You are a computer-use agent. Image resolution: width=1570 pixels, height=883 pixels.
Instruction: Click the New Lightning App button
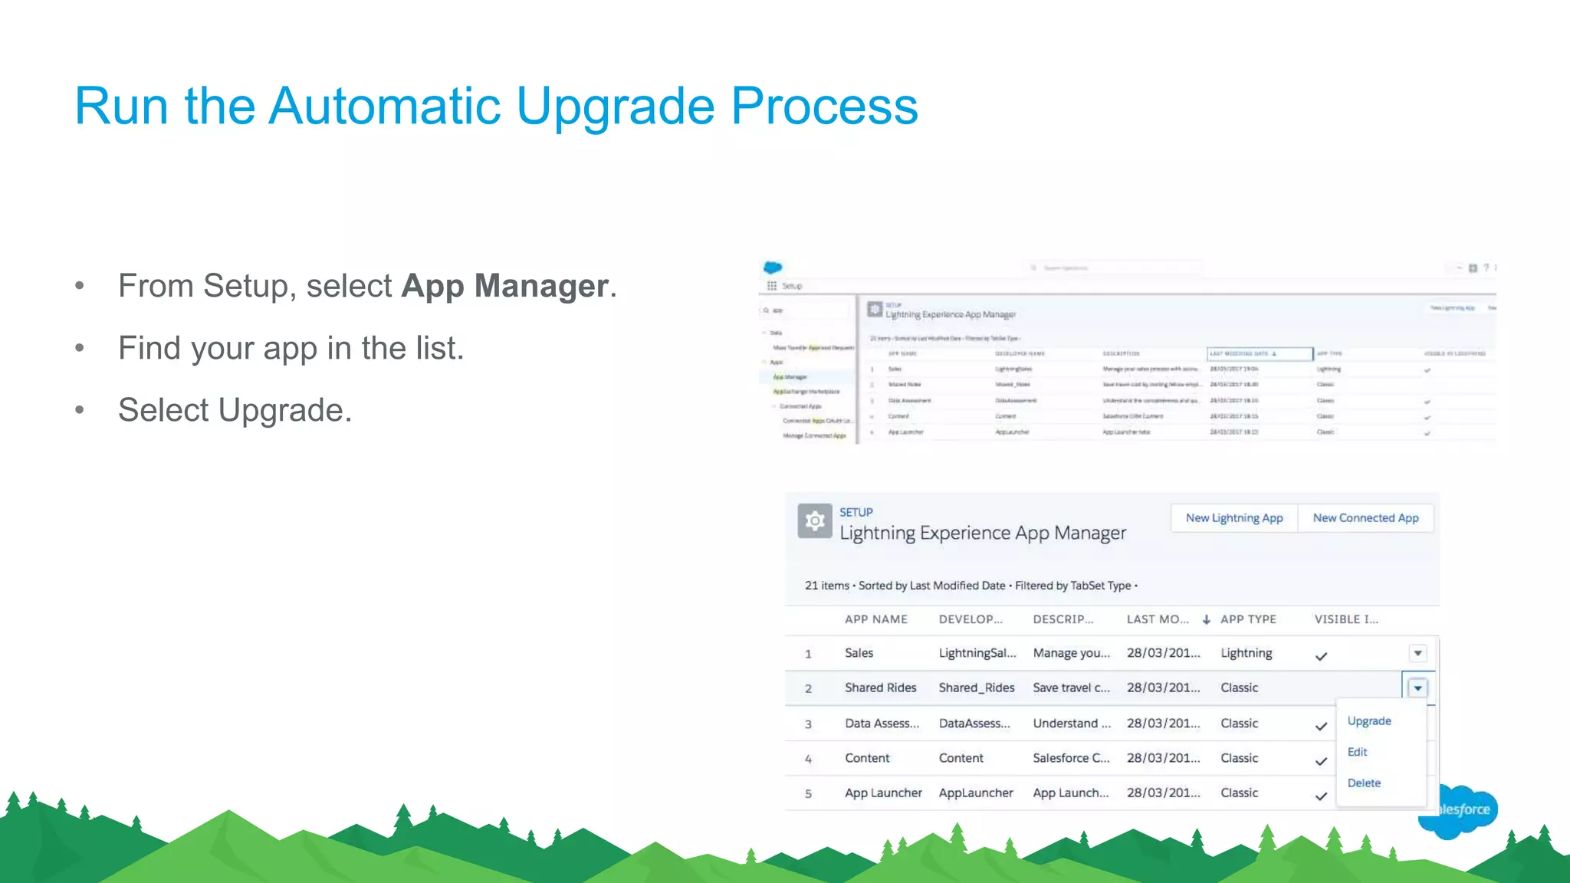click(x=1234, y=518)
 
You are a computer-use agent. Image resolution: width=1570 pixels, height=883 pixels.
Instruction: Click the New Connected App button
click(x=1365, y=518)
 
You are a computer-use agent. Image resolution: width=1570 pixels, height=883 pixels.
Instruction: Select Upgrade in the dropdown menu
click(x=1369, y=721)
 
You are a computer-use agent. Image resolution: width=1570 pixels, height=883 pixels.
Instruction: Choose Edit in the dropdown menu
click(x=1358, y=752)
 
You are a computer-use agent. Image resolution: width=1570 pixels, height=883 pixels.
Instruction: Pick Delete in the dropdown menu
click(x=1364, y=783)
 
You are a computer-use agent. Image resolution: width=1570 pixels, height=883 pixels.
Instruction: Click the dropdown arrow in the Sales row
click(x=1417, y=654)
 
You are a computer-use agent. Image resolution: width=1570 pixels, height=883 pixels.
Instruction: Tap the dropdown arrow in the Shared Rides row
click(x=1417, y=688)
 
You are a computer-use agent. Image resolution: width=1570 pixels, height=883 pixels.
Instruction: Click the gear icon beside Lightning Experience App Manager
click(x=815, y=521)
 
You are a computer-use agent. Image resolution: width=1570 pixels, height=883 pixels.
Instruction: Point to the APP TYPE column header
click(x=1248, y=619)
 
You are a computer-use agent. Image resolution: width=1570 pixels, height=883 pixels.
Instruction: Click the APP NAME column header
click(x=876, y=619)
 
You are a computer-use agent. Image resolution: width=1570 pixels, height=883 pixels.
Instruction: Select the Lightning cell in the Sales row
click(x=1246, y=653)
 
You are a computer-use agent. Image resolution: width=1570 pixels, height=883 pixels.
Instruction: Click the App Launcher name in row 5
click(x=883, y=793)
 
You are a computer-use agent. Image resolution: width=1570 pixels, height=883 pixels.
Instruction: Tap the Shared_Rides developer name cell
click(x=977, y=688)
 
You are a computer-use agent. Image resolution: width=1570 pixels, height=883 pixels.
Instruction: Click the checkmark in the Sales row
click(x=1321, y=657)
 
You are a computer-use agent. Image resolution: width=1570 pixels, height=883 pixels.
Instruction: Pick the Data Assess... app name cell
click(x=882, y=724)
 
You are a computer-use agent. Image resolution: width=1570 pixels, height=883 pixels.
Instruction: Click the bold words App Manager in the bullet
click(x=504, y=286)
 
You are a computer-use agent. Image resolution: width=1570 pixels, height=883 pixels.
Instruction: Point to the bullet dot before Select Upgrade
click(x=80, y=410)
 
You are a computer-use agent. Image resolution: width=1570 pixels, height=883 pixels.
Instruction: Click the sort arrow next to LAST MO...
click(x=1206, y=619)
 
